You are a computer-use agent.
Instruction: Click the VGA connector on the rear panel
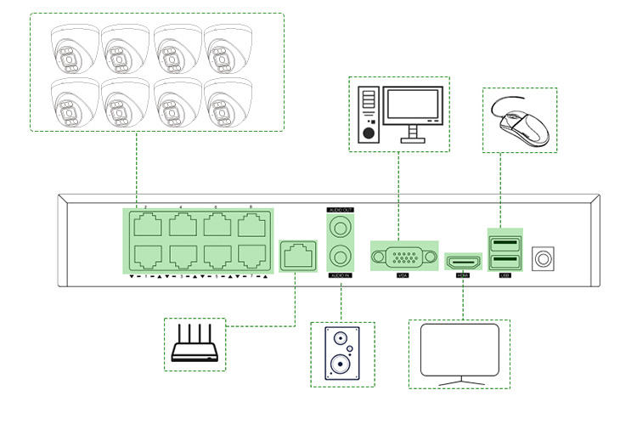[403, 257]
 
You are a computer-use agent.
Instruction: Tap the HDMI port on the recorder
[463, 258]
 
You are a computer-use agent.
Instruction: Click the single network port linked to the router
[296, 254]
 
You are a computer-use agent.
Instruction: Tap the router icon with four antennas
[194, 345]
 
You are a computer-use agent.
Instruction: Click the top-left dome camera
[72, 48]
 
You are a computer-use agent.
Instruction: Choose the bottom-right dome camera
[228, 104]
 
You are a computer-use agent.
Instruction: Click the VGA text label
[403, 276]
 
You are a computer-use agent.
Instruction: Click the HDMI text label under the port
[463, 276]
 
